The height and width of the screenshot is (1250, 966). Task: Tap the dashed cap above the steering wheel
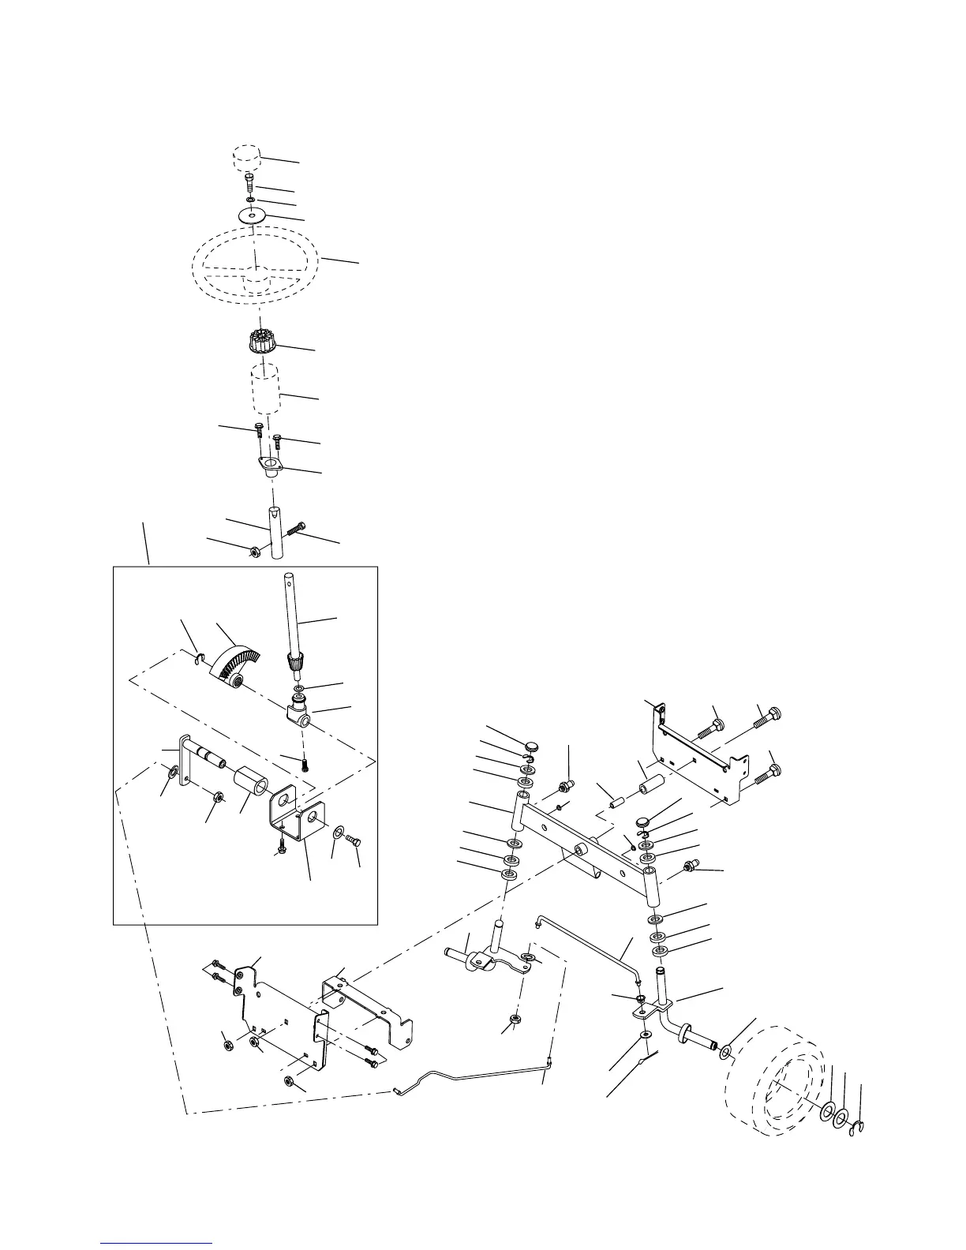[x=246, y=155]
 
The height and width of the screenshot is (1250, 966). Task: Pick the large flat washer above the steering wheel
[x=252, y=215]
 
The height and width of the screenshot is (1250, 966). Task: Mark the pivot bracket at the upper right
[x=698, y=758]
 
